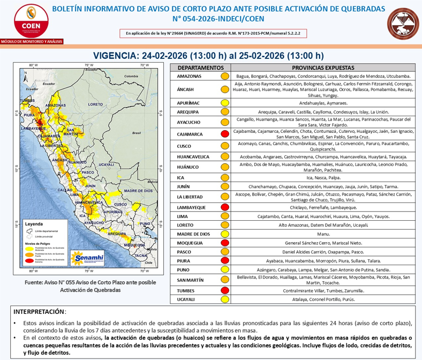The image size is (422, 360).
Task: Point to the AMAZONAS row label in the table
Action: point(189,77)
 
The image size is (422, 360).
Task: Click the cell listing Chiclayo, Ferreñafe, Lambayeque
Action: point(322,206)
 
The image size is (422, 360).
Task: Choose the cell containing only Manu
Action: point(322,234)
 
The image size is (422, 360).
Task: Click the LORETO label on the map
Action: point(95,104)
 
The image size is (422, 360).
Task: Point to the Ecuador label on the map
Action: point(49,85)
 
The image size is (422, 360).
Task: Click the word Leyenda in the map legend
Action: point(34,220)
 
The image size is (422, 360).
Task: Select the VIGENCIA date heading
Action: point(209,55)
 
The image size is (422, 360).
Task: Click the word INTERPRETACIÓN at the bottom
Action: point(40,311)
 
